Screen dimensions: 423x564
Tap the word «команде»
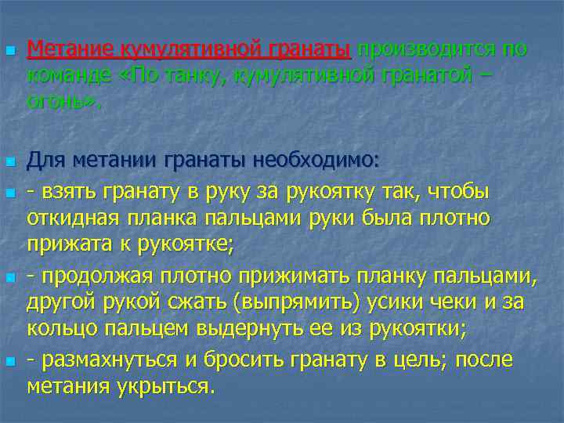coord(70,76)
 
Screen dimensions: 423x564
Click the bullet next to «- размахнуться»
coord(9,362)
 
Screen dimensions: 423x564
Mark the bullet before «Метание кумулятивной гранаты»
coord(9,52)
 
